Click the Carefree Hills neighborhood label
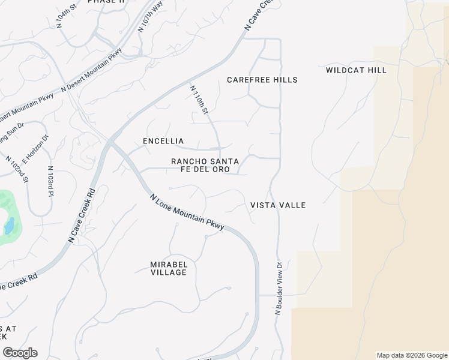click(x=262, y=80)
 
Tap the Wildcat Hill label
click(x=356, y=70)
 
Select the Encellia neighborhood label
click(x=163, y=141)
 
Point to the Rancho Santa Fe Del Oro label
click(x=205, y=166)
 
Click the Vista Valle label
click(x=278, y=205)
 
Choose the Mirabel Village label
click(x=168, y=268)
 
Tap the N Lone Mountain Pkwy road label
click(x=187, y=212)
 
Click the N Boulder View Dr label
click(x=279, y=289)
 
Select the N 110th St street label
click(x=199, y=100)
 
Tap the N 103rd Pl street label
click(x=50, y=182)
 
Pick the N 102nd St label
click(x=18, y=169)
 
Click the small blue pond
click(x=8, y=226)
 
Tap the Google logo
click(x=19, y=353)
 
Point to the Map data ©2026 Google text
click(x=412, y=355)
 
